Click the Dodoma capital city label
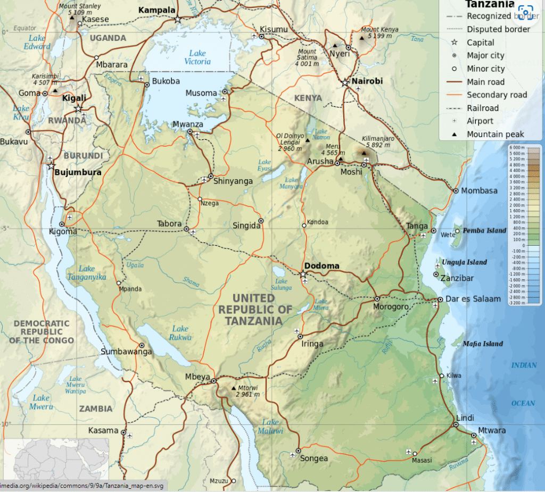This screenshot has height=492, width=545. tap(321, 266)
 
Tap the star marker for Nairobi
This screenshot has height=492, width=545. tap(345, 82)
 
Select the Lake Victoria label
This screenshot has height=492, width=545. tap(197, 57)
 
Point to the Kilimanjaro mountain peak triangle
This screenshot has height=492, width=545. tap(365, 153)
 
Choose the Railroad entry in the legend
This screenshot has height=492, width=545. tap(483, 108)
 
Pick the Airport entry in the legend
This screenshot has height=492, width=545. tap(480, 121)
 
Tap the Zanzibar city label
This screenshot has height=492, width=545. tap(457, 278)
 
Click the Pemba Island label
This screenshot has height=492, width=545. tap(484, 231)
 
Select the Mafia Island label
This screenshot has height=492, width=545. tap(483, 344)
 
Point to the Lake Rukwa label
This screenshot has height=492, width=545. tap(180, 333)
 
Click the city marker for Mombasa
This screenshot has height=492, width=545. tap(456, 191)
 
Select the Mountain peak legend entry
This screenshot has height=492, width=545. tap(495, 135)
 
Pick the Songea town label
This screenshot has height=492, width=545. tap(314, 458)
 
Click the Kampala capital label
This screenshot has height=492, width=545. tap(156, 10)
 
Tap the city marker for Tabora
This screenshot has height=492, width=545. tap(186, 229)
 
